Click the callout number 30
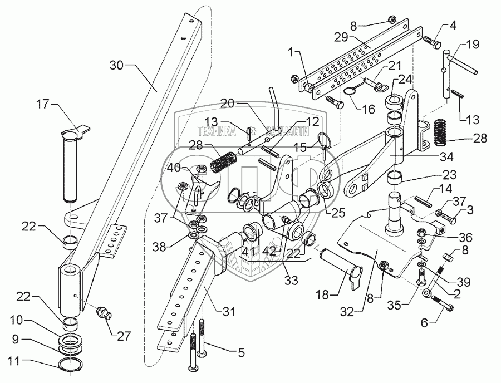(x=117, y=66)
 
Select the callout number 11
(x=13, y=362)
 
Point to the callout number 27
(x=124, y=336)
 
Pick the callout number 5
(x=242, y=352)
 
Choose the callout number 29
(x=341, y=37)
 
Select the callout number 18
(x=323, y=295)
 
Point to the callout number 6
(x=424, y=323)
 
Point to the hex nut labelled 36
(x=422, y=231)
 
